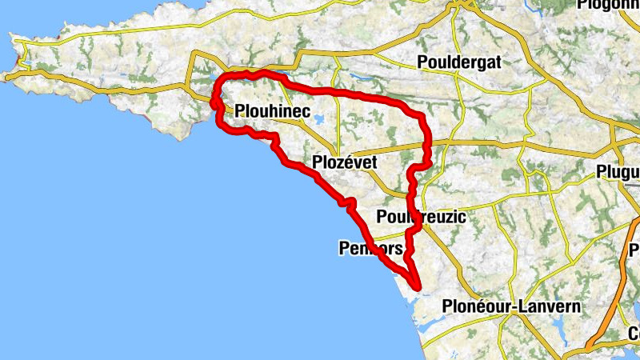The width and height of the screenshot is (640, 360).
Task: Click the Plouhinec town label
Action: pos(273,113)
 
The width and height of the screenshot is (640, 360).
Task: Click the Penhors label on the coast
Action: pos(370,249)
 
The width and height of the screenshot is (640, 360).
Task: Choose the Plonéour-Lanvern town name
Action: pos(511,306)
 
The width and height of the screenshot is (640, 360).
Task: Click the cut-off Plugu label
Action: pos(618,172)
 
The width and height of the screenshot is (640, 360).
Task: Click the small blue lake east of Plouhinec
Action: pos(319,120)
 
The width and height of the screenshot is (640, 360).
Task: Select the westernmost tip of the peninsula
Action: pos(6,77)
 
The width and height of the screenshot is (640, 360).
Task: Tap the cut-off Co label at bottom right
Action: pos(634,334)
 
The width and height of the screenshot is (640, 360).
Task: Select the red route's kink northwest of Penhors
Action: pos(348,203)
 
